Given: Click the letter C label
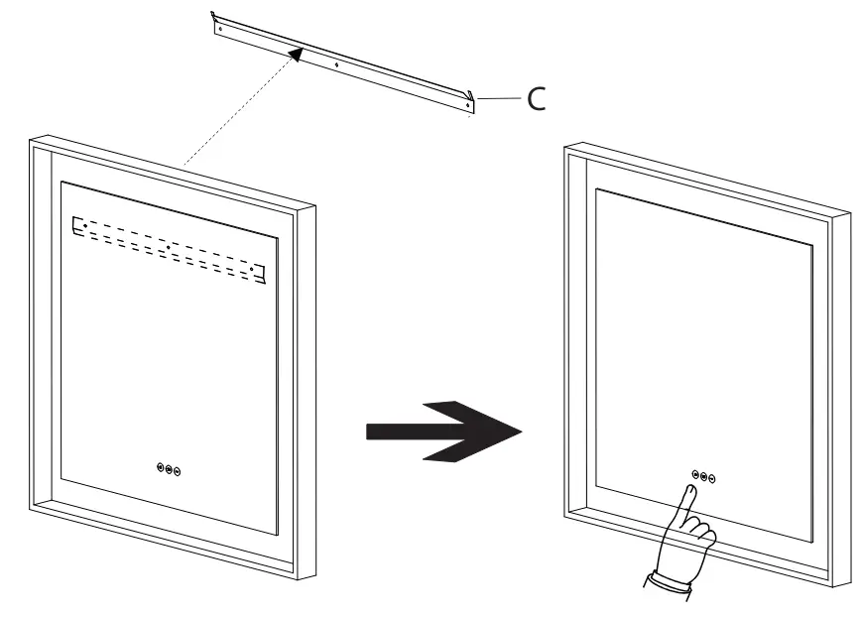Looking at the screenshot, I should coord(535,98).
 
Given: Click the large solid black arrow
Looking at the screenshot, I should coord(443,431).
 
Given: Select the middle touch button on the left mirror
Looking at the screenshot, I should coord(169,470).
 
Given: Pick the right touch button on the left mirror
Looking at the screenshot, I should coord(178,472).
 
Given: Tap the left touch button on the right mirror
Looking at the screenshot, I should coord(695,474).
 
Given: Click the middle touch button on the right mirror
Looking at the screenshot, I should coord(704,476).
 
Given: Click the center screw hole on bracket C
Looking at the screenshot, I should coord(337,63).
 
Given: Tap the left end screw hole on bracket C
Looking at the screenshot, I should coord(220,29).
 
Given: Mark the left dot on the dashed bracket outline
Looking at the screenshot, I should coord(85,227).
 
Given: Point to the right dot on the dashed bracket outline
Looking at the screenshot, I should coord(254,268).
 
